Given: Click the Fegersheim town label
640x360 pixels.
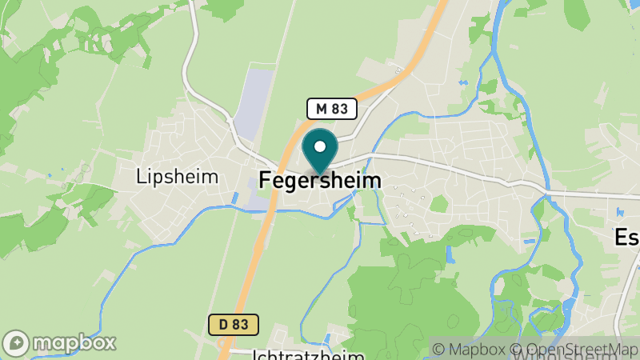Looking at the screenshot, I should [320, 182].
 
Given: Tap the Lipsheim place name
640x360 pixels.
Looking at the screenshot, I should [177, 176].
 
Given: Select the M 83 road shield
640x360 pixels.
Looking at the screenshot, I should [331, 108].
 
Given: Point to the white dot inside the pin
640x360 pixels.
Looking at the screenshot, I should [320, 146].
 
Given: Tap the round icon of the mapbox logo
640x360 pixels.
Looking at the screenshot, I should [16, 342].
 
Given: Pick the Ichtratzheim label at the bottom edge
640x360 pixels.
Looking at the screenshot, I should [308, 354].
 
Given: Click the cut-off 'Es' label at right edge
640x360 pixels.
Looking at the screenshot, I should [626, 238].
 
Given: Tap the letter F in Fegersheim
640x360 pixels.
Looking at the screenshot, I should [265, 182].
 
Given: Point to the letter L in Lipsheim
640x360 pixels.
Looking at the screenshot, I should [140, 176].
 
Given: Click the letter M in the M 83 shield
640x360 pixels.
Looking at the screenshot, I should [322, 108].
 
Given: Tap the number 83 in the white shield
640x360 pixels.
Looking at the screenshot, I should [339, 108].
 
